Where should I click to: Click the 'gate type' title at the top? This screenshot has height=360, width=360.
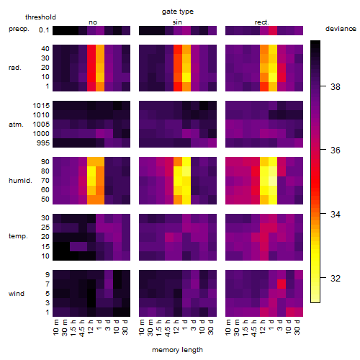point(178,12)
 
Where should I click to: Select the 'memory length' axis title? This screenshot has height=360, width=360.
point(177,350)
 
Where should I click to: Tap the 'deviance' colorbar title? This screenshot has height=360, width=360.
point(341,29)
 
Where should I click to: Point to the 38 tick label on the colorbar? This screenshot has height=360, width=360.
point(336,86)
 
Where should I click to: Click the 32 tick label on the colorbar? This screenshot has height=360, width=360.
point(336,278)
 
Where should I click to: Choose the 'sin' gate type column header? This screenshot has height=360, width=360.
point(177,22)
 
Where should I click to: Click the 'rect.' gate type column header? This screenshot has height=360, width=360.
point(261,22)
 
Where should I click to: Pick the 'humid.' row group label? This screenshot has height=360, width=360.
point(20,181)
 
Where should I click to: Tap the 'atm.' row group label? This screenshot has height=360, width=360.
point(16,125)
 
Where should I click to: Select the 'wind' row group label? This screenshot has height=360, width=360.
point(17,294)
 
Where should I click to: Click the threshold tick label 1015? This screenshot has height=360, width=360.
point(41,106)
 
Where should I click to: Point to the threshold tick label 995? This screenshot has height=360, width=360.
point(43,143)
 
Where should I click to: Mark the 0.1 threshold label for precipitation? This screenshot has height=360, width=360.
point(44,30)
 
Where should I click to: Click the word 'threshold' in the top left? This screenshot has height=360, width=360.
point(40,17)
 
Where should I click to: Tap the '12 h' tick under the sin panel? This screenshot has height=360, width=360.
point(176,327)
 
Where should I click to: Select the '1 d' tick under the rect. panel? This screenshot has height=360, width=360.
point(271,325)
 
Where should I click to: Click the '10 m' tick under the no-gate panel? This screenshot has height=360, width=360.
point(55,328)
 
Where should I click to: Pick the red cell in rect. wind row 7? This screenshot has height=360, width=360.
point(282,284)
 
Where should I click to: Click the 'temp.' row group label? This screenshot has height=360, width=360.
point(18,236)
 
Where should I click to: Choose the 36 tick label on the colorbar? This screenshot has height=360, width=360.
point(336,150)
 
